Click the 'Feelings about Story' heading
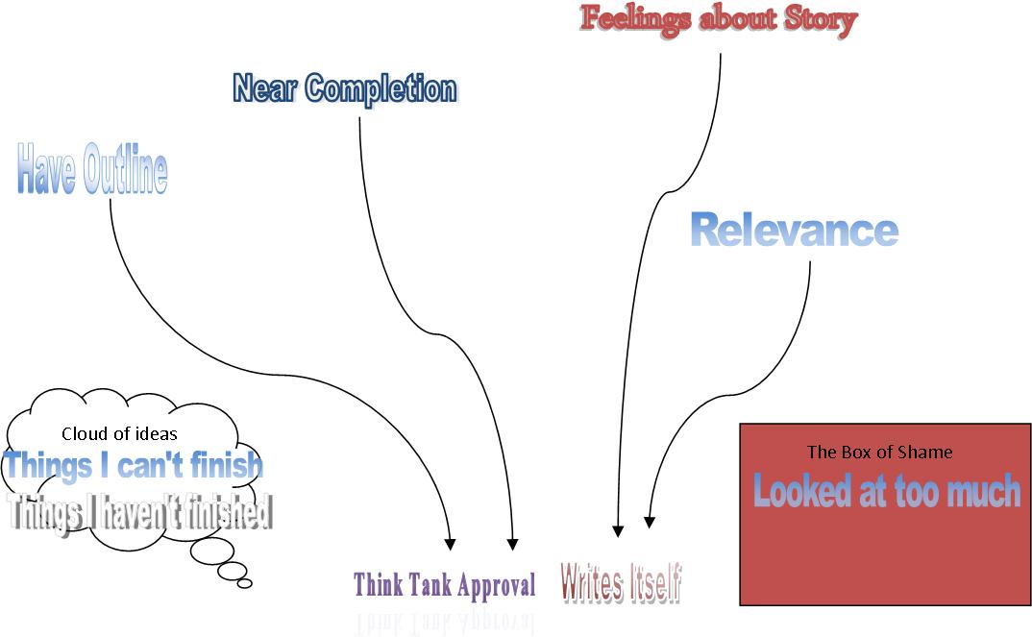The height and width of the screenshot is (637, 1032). [x=718, y=20]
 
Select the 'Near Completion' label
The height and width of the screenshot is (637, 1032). [x=345, y=88]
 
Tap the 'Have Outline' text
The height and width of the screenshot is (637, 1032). [x=92, y=169]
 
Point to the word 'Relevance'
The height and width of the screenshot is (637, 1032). [x=795, y=231]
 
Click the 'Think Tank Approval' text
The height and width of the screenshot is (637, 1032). [x=444, y=584]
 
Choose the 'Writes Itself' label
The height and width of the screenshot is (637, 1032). [x=621, y=583]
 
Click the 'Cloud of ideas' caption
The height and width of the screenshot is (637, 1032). [x=119, y=433]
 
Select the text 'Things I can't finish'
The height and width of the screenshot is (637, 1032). [x=134, y=466]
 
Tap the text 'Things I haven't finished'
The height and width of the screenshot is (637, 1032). [x=139, y=511]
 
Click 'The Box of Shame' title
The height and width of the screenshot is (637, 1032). [x=879, y=452]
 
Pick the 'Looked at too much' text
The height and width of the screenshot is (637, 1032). [x=886, y=491]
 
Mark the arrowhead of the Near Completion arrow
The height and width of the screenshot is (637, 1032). [x=512, y=543]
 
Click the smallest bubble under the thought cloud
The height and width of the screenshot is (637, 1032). [x=244, y=582]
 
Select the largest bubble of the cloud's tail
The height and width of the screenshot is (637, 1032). [x=207, y=552]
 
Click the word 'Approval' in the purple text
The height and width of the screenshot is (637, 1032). [x=496, y=584]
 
